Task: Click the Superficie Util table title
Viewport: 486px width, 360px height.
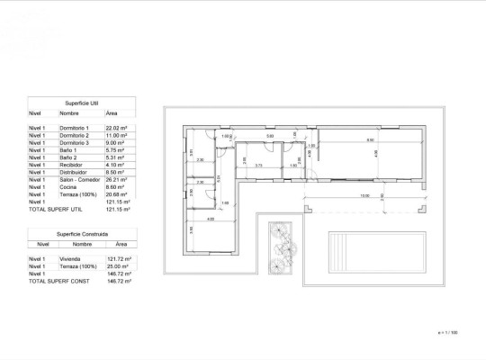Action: click(x=82, y=103)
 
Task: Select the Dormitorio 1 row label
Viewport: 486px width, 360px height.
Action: click(x=74, y=129)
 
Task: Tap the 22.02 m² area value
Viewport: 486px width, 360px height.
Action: click(x=117, y=129)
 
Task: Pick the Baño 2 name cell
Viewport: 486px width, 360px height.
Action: click(x=68, y=157)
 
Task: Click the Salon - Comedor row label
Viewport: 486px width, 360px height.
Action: click(x=79, y=179)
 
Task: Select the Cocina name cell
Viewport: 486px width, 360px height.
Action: click(x=67, y=186)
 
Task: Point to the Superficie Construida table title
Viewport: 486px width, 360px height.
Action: click(x=82, y=233)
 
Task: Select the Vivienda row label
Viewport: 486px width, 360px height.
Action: click(x=69, y=259)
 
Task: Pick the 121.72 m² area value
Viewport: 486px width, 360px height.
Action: click(x=118, y=259)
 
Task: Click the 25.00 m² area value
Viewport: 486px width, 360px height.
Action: click(x=117, y=266)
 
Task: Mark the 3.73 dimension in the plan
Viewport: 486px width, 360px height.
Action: click(x=258, y=166)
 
